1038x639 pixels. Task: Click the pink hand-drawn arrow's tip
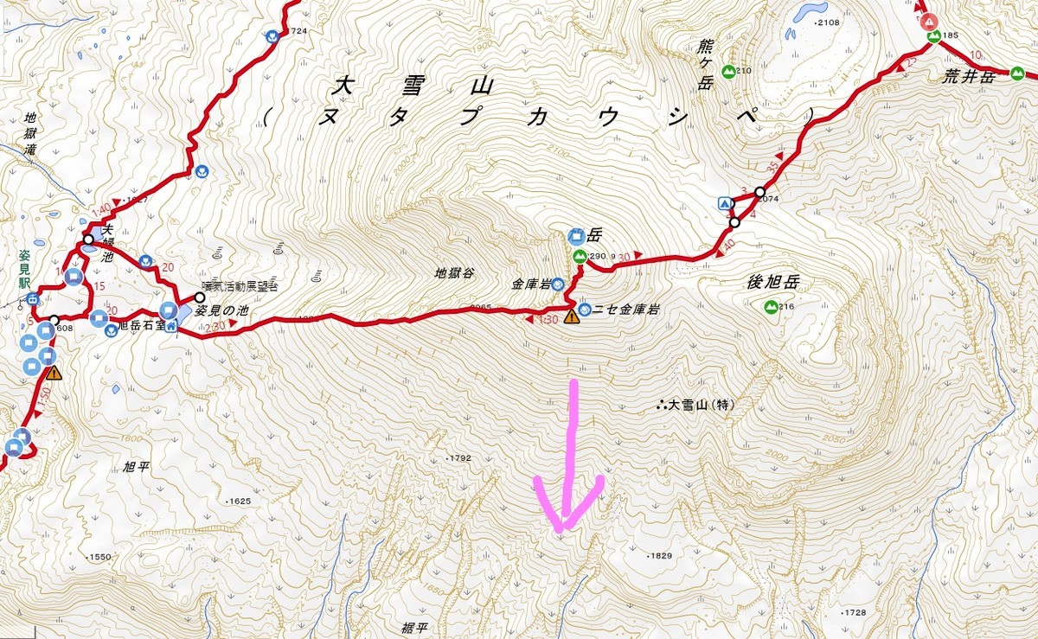coord(562,527)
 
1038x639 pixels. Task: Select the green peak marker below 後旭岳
coord(769,306)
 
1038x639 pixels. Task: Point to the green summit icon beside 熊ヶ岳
coord(728,70)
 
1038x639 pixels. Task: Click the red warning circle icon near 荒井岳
coord(928,21)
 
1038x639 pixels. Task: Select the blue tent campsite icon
coord(724,203)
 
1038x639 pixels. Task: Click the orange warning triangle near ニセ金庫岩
coord(571,317)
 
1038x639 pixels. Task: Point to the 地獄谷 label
coord(455,273)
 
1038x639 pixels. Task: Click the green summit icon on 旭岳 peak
coord(579,256)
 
